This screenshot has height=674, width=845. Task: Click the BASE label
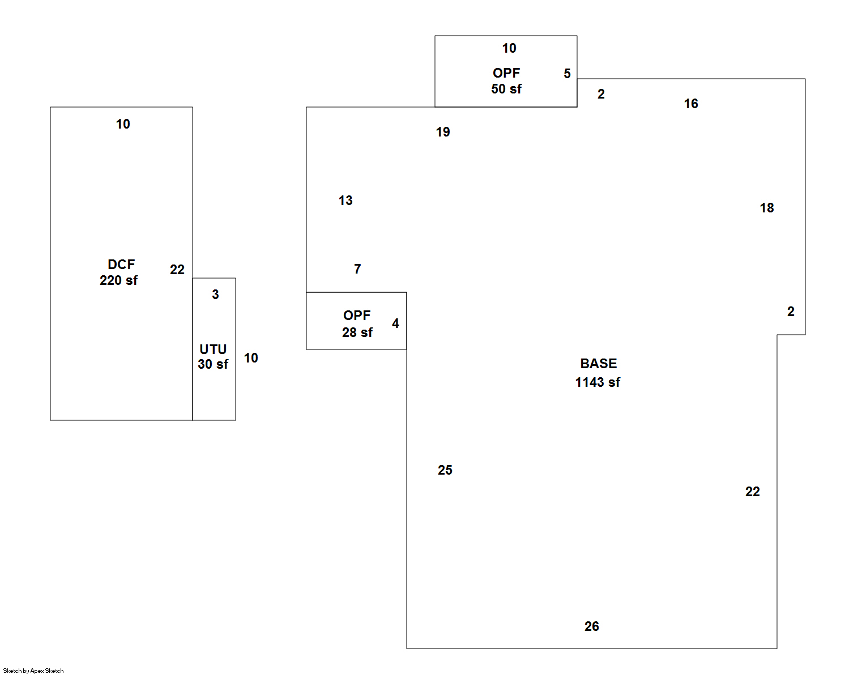click(x=598, y=364)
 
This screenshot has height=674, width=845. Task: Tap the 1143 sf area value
click(x=598, y=382)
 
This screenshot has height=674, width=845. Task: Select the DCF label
click(x=121, y=265)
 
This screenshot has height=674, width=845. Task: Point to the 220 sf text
click(x=118, y=280)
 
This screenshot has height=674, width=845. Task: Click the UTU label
click(x=213, y=349)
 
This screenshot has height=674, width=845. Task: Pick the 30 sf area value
click(x=213, y=364)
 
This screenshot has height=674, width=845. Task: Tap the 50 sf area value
click(x=506, y=89)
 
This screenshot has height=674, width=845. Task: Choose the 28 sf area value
click(x=357, y=332)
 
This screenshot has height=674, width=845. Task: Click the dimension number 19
click(x=443, y=132)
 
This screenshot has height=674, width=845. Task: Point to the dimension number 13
click(x=345, y=201)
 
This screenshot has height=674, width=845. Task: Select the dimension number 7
click(x=357, y=269)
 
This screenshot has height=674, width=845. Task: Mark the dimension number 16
click(x=691, y=104)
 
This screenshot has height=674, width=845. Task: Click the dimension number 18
click(x=767, y=208)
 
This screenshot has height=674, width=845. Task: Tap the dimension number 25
click(x=445, y=470)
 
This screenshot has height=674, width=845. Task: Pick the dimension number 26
click(x=592, y=626)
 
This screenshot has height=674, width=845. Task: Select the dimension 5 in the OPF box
click(x=567, y=74)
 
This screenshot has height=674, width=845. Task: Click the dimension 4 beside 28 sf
click(x=395, y=323)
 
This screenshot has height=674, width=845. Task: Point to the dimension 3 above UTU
click(x=215, y=295)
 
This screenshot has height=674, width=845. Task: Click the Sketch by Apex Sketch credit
click(x=33, y=671)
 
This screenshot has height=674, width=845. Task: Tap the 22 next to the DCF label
click(x=177, y=270)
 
